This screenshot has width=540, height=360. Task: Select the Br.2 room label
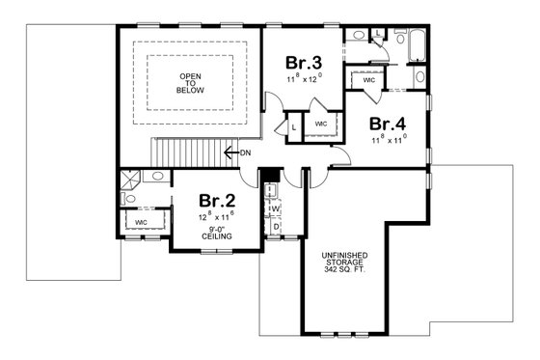pos(217,201)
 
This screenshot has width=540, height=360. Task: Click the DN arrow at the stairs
pos(237,152)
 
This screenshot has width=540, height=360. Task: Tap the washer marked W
pos(274,208)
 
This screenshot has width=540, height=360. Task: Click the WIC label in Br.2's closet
pos(141,222)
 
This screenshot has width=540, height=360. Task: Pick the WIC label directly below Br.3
pos(322,124)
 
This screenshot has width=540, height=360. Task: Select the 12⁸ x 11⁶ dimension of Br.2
pos(217,218)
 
